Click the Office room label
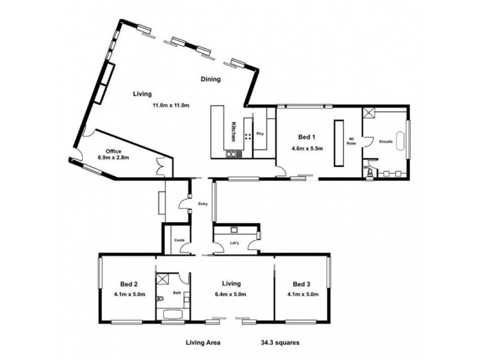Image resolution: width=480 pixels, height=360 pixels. [113, 151]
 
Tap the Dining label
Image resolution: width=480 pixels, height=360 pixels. [211, 79]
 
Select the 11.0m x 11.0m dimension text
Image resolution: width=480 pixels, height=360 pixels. [171, 106]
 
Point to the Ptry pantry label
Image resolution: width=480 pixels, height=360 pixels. [260, 134]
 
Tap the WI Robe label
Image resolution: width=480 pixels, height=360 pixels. [353, 142]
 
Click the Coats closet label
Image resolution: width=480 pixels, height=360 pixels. [179, 240]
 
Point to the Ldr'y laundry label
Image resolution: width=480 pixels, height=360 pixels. [235, 243]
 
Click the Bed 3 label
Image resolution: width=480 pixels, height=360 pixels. [302, 283]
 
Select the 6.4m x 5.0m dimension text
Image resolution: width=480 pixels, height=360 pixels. [231, 294]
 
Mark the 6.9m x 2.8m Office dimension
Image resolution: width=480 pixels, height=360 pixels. [114, 158]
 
